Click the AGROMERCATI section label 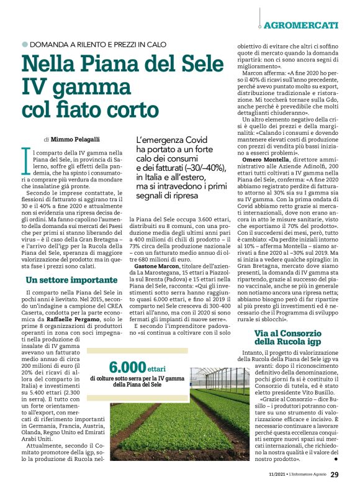click(x=301, y=25)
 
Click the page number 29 click(x=334, y=475)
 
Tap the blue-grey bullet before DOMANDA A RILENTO click(x=25, y=45)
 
